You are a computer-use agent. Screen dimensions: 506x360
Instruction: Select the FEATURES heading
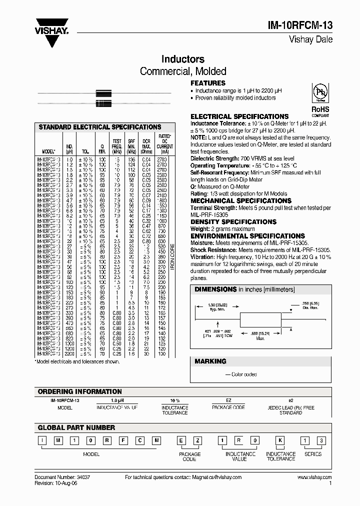point(208,83)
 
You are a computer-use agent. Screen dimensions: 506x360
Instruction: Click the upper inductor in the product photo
point(103,93)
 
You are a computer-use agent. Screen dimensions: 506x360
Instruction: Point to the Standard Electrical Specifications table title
point(100,127)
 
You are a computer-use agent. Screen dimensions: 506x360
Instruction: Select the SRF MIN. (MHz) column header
point(131,146)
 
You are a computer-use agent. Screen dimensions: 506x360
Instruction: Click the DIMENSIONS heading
point(215,289)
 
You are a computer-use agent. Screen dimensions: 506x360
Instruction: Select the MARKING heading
point(210,361)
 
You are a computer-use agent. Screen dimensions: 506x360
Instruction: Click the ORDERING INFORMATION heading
point(80,391)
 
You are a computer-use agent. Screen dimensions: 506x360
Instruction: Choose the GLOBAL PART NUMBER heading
point(76,427)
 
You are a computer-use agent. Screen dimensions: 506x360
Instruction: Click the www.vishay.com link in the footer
point(314,478)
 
